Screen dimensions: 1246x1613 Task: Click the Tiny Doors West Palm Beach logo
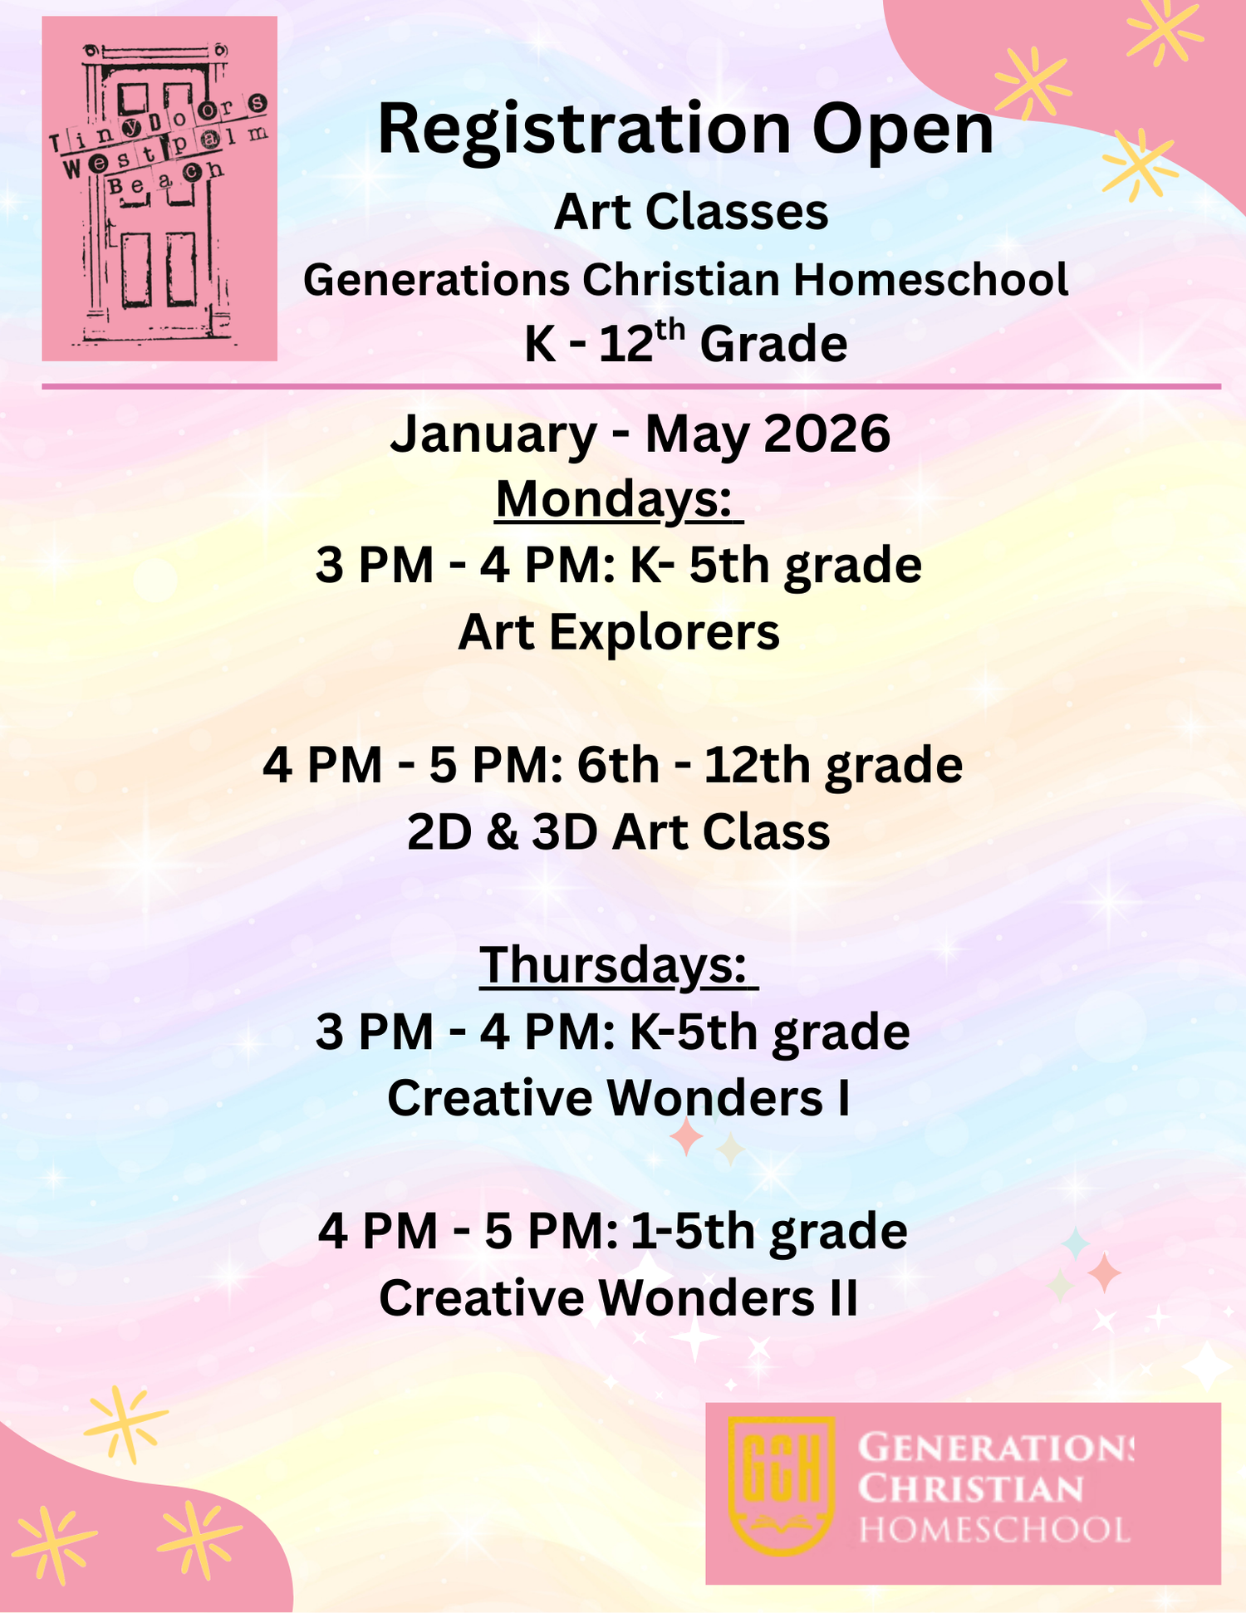pyautogui.click(x=159, y=189)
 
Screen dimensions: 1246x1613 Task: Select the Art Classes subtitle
pyautogui.click(x=691, y=212)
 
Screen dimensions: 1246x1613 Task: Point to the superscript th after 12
pyautogui.click(x=670, y=330)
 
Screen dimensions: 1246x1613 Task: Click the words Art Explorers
pyautogui.click(x=619, y=633)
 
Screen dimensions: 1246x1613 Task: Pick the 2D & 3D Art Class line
pyautogui.click(x=619, y=832)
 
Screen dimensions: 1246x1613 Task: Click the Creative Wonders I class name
pyautogui.click(x=619, y=1098)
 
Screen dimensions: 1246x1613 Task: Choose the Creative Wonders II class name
pyautogui.click(x=619, y=1297)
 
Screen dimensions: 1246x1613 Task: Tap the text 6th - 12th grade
pyautogui.click(x=770, y=766)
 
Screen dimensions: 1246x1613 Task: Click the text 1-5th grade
pyautogui.click(x=768, y=1231)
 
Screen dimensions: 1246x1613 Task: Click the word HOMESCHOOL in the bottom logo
pyautogui.click(x=994, y=1530)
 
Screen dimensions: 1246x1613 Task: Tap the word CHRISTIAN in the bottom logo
pyautogui.click(x=971, y=1488)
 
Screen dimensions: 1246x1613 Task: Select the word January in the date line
pyautogui.click(x=493, y=434)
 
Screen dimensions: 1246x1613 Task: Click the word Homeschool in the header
pyautogui.click(x=930, y=280)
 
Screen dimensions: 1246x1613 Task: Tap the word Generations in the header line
pyautogui.click(x=437, y=280)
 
